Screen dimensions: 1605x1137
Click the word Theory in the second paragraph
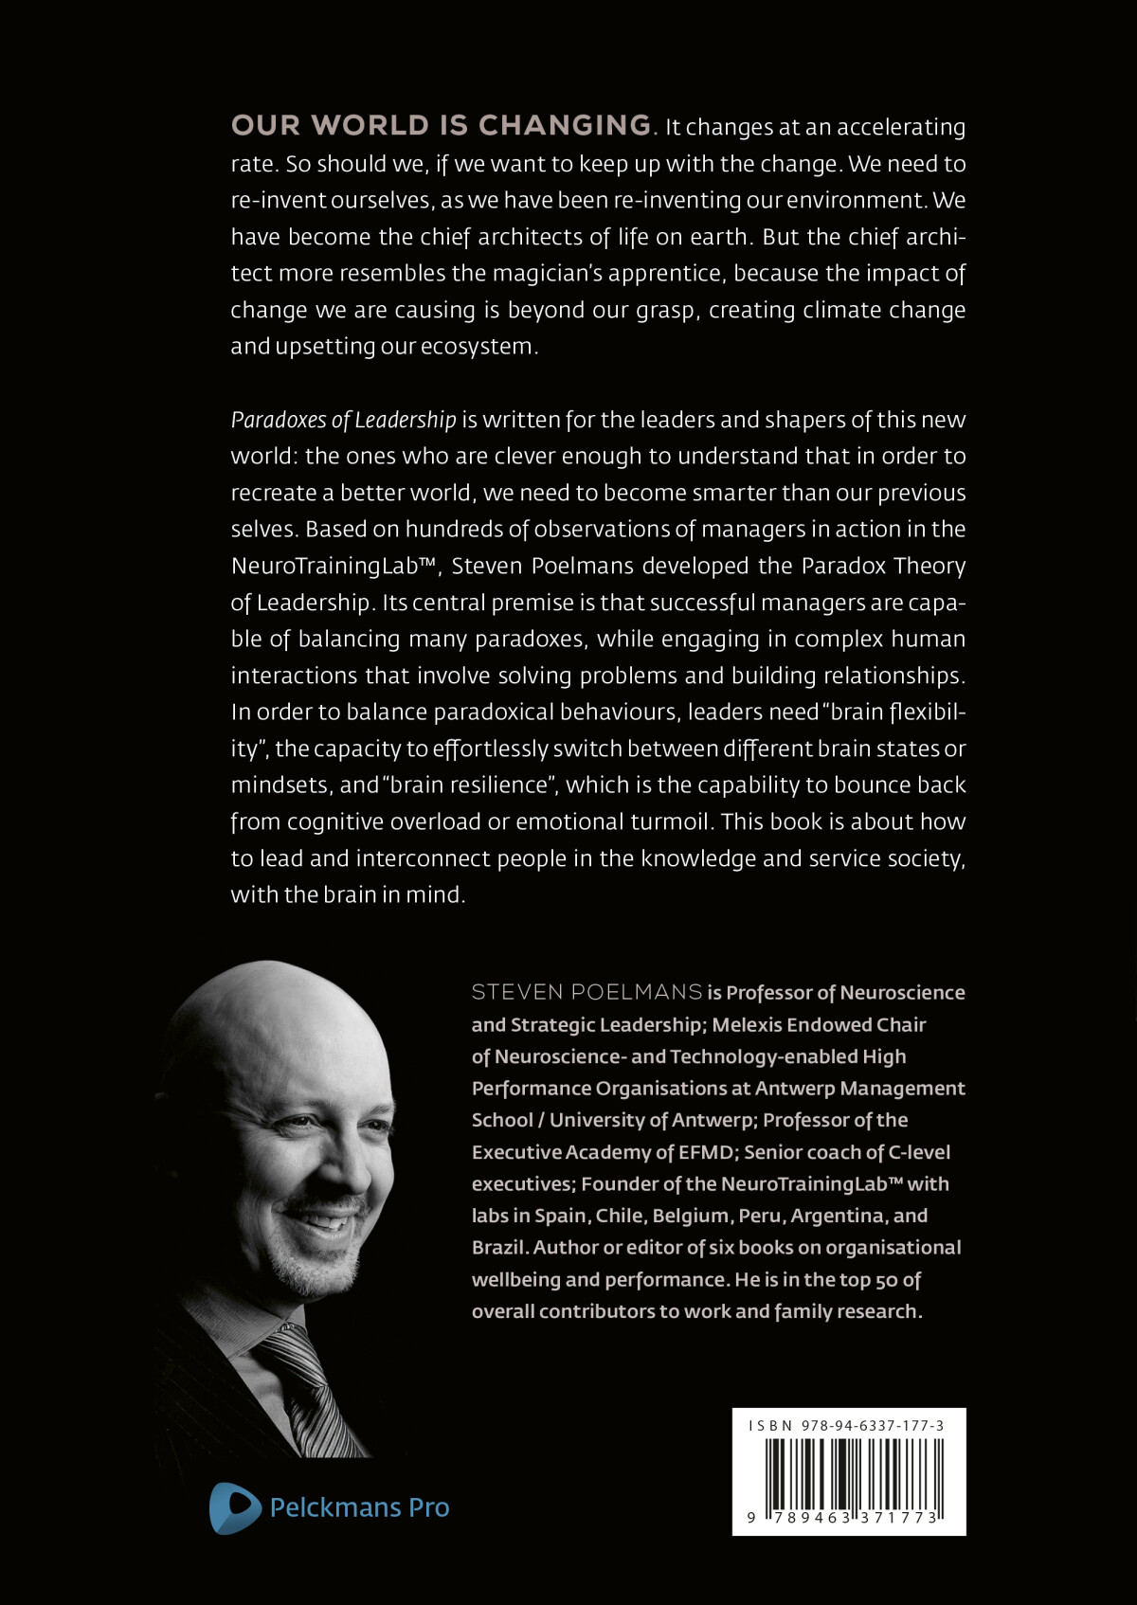(x=929, y=566)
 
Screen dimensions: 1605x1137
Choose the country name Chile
(x=619, y=1216)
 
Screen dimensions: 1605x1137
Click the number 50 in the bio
(x=886, y=1280)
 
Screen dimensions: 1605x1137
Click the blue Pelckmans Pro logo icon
(x=234, y=1506)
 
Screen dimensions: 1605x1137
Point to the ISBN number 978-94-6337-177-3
(x=872, y=1425)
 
